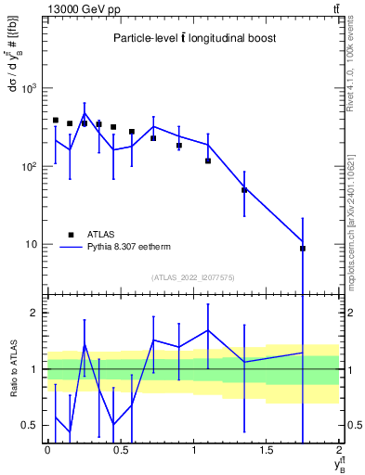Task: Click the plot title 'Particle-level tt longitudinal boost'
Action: click(x=194, y=38)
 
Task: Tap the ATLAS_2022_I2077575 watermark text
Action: click(x=193, y=276)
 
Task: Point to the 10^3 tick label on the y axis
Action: click(x=30, y=89)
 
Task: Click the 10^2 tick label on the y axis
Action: click(x=30, y=167)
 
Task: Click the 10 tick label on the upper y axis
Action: click(x=33, y=245)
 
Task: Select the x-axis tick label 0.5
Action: click(x=120, y=450)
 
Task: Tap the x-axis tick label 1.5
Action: click(x=267, y=450)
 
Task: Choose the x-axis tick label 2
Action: click(x=340, y=450)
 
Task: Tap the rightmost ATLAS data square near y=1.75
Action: click(x=303, y=249)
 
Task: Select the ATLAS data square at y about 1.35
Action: click(x=244, y=190)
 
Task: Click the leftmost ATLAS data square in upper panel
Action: click(x=56, y=121)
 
